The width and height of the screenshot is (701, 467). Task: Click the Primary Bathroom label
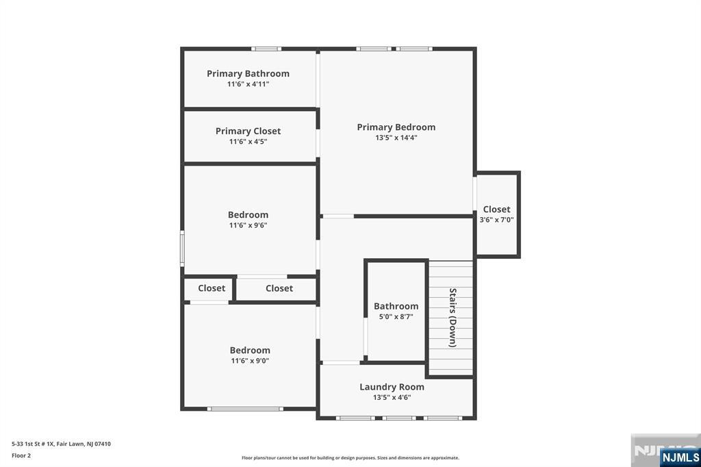(248, 73)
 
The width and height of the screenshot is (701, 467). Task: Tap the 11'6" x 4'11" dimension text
(248, 84)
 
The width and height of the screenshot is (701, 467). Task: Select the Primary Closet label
(248, 131)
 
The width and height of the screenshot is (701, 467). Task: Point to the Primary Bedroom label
(396, 127)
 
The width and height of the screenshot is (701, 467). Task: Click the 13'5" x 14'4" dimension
(396, 138)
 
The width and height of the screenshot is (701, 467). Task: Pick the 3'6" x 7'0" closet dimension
(496, 220)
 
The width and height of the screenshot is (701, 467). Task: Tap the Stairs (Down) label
(453, 318)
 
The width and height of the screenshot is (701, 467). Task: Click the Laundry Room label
(392, 387)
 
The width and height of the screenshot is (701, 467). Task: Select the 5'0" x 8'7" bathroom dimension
(396, 317)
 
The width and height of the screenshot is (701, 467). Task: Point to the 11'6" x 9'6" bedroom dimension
(248, 225)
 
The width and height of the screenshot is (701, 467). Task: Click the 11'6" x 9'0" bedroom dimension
(250, 361)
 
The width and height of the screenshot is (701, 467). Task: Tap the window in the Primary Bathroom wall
(266, 49)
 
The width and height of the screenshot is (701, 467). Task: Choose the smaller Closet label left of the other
(212, 288)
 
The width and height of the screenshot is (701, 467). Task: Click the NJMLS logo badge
(680, 457)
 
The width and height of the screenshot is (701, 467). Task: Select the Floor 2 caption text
(21, 455)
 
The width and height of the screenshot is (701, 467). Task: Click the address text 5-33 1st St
(61, 444)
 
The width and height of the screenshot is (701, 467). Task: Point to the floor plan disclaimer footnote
(350, 458)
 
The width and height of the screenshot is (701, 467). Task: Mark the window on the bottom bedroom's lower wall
(245, 409)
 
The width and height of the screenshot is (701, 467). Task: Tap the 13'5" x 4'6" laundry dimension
(392, 397)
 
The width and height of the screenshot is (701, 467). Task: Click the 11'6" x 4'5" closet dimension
(248, 142)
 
